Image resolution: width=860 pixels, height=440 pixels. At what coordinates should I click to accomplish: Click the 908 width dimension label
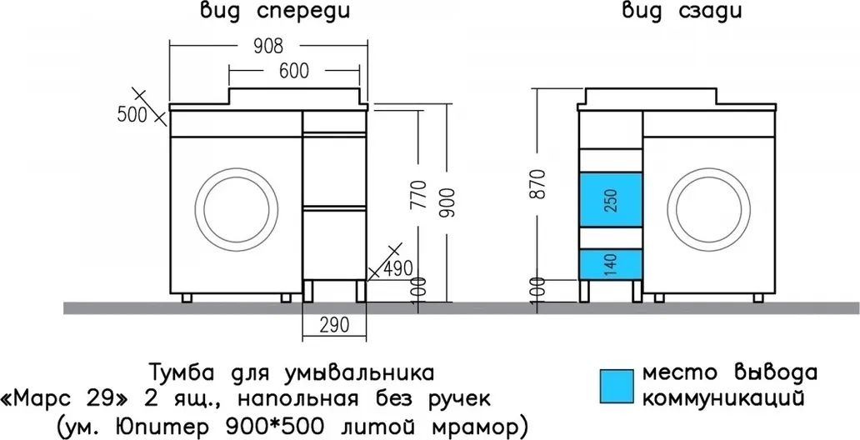tap(268, 47)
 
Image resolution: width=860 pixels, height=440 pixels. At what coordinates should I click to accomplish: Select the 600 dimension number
tap(294, 71)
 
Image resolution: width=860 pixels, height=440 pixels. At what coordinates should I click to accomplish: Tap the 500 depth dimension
tap(132, 115)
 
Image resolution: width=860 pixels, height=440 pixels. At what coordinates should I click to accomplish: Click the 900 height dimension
tap(447, 202)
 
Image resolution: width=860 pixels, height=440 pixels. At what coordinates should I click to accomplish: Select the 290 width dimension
tap(334, 325)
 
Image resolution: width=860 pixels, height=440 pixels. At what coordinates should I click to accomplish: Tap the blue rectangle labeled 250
tap(611, 200)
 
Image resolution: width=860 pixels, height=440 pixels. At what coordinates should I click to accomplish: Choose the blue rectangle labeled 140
tap(611, 264)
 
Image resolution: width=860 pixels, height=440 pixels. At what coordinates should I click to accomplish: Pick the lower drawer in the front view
tap(334, 243)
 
